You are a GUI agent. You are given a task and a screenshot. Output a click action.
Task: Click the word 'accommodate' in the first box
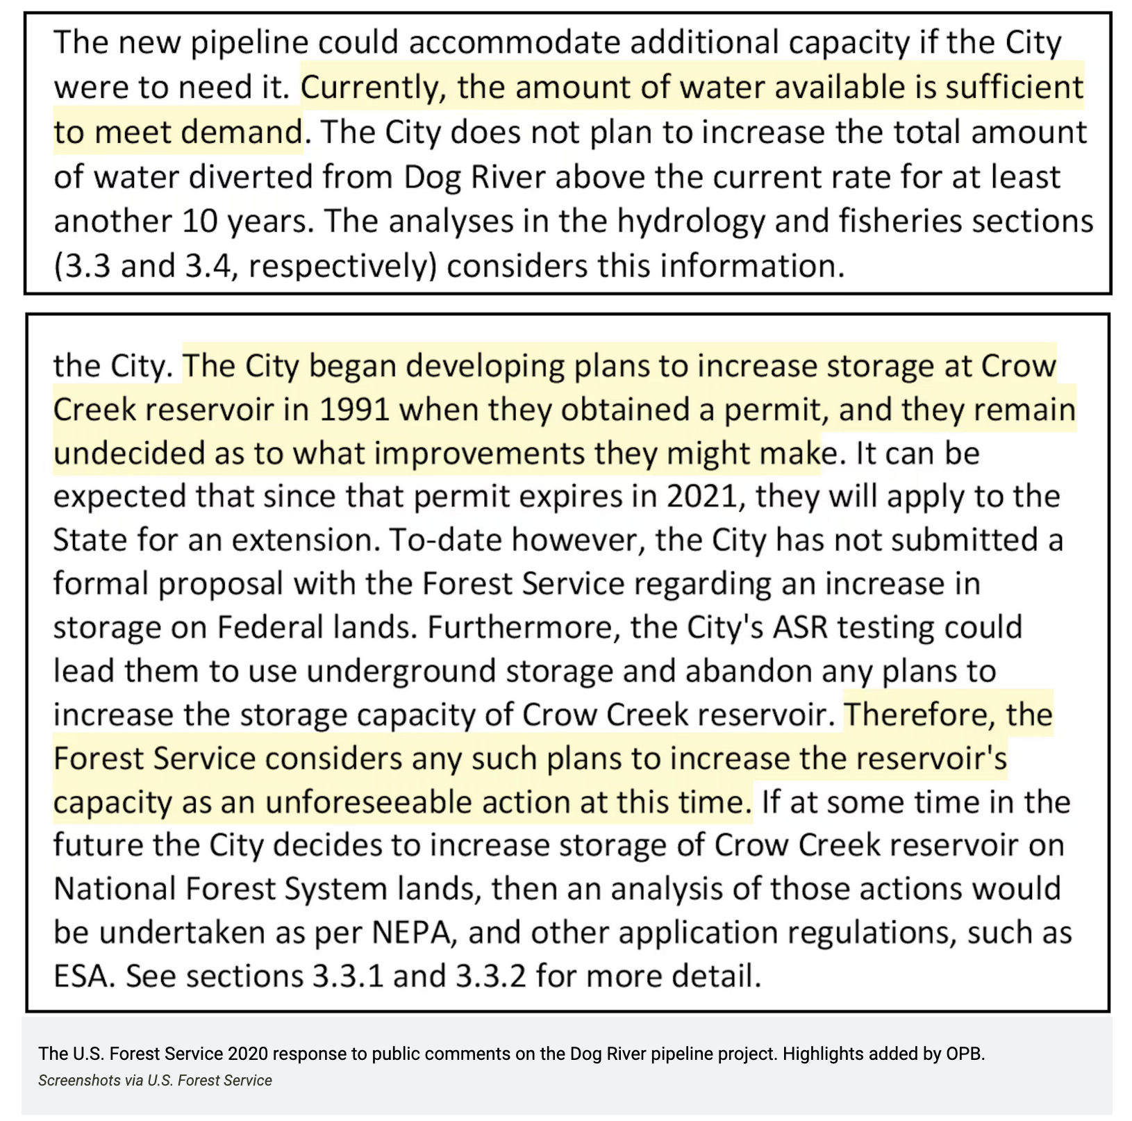514,42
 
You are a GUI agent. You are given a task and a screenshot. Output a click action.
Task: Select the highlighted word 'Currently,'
372,88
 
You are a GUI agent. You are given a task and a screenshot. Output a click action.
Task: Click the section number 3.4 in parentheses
208,267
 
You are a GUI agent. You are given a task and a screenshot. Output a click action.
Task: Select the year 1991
354,410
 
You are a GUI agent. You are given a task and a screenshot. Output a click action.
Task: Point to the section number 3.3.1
348,977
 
